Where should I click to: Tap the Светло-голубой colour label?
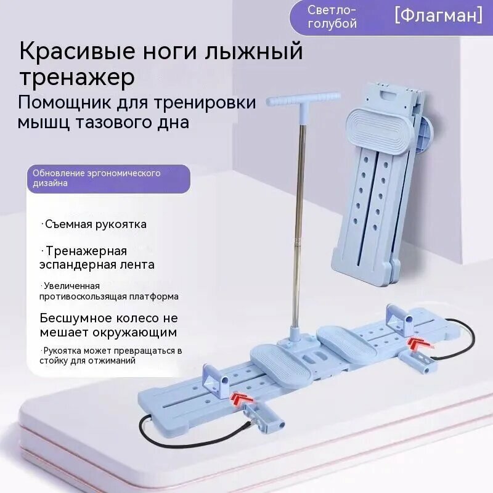coord(332,17)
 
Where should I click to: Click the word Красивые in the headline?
coord(78,52)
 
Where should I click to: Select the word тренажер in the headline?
coord(78,78)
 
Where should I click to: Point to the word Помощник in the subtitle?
coord(65,103)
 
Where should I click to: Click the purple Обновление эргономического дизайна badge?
coord(108,178)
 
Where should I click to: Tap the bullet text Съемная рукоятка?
coord(94,224)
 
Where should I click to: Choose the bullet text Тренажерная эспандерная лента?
coord(97,258)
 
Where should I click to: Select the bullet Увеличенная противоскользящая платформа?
coord(109,291)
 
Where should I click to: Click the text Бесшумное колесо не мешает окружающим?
coord(109,325)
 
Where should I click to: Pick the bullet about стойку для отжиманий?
coord(111,356)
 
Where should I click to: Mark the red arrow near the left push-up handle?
coord(242,398)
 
